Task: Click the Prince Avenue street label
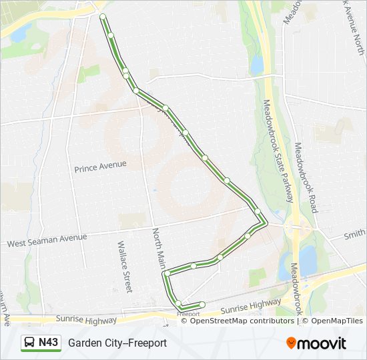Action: pos(100,163)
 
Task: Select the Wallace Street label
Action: pos(124,267)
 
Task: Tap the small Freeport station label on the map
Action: pos(189,313)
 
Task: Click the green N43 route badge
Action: pos(41,343)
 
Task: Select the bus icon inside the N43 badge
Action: pos(30,343)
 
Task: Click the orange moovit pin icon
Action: pos(292,343)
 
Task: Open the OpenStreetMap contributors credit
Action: pos(242,321)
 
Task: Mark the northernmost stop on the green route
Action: pos(103,16)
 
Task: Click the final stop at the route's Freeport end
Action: pos(202,305)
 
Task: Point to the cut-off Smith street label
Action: pos(355,234)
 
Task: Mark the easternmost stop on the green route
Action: pos(258,211)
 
